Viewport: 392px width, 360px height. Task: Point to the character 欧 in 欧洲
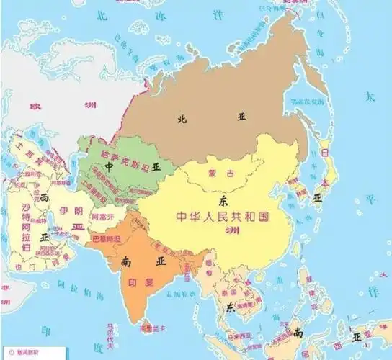click(34, 105)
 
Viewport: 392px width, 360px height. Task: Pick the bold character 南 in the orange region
click(128, 261)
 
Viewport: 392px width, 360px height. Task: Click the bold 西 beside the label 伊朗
click(45, 197)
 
